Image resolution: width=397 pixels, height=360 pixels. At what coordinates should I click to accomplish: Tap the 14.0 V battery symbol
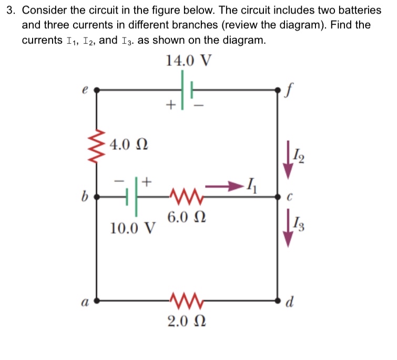(x=186, y=90)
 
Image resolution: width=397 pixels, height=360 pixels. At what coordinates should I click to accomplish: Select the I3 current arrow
(x=288, y=227)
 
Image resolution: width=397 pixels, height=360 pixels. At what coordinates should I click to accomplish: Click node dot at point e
(x=96, y=90)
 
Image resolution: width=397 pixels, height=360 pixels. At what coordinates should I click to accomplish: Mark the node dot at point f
(x=279, y=90)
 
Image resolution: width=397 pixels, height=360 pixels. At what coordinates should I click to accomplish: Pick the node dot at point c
(x=279, y=197)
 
